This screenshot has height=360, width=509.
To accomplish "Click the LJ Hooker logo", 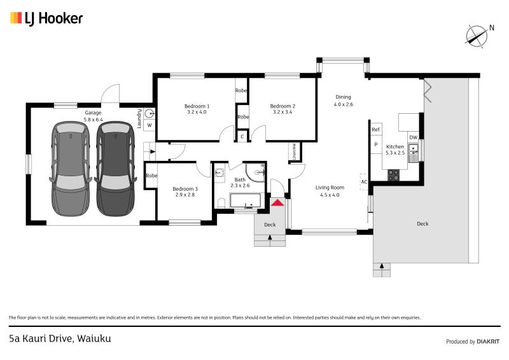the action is point(46,18).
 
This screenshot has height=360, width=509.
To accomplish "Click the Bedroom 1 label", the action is point(197,106).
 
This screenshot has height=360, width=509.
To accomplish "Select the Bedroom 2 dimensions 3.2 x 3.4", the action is point(282,112).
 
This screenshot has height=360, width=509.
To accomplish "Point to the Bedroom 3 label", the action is point(185,189).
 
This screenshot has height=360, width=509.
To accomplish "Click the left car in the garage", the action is point(71,169).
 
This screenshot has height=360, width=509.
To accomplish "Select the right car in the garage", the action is point(115,169).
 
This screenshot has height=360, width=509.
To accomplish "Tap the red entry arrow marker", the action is point(277,203).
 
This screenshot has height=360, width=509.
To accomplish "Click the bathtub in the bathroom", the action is point(246,200).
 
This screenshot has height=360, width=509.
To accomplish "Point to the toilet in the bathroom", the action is point(221,203).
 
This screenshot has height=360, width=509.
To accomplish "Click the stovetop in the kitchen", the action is point(393,175).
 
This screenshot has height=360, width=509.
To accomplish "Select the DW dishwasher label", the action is point(413,137).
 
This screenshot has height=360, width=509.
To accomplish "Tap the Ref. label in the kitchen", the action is point(376,130).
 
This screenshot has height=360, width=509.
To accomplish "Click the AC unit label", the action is point(364,182).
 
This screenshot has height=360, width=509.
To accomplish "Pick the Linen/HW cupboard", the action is point(295,151).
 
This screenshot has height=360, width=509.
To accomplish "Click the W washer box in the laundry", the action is point(150,125).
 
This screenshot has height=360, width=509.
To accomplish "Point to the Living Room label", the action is point(330,188).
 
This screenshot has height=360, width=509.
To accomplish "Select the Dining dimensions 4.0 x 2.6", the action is point(344,104).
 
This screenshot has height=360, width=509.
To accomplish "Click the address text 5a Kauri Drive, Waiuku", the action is point(60,338).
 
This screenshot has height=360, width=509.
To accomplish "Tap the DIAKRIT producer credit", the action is point(488,342).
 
